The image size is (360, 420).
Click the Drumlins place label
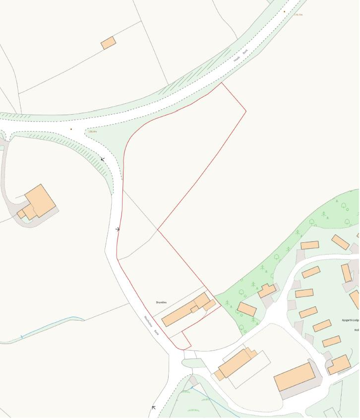coord(161,302)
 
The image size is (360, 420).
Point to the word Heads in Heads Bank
coord(237,58)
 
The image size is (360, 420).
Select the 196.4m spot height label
coord(92,132)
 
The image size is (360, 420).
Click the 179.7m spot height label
coord(298,15)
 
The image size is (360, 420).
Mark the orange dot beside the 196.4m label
coord(71,129)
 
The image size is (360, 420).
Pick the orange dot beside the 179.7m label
coord(285,11)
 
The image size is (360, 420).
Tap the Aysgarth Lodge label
coord(350,320)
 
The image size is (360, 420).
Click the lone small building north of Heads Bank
coord(109,43)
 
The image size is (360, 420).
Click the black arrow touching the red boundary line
coord(118,229)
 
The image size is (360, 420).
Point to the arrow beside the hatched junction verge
coord(103,159)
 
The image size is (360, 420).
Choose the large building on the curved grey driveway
coord(40,201)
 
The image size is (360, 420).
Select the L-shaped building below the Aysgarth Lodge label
coord(339,364)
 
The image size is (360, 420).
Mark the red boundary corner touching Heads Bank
coord(221,83)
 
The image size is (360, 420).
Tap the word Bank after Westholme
coord(156,333)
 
